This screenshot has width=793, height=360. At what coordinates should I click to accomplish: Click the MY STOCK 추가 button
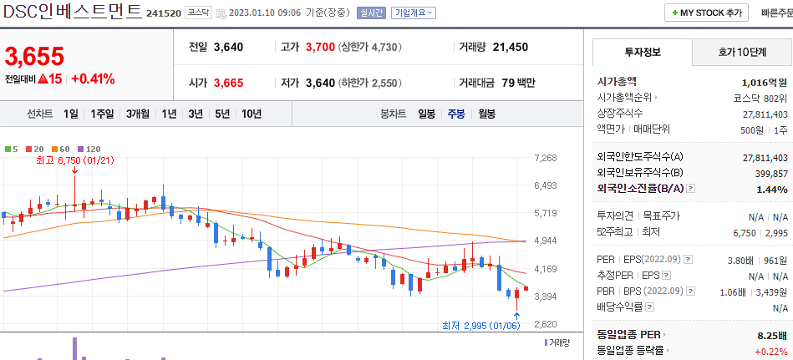pyautogui.click(x=707, y=13)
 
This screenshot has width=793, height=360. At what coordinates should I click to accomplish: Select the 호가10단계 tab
pyautogui.click(x=742, y=52)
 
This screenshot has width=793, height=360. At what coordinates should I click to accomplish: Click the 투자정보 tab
pyautogui.click(x=642, y=52)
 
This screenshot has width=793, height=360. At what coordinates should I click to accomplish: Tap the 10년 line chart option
pyautogui.click(x=251, y=114)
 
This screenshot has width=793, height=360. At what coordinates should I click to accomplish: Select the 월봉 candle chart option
pyautogui.click(x=486, y=114)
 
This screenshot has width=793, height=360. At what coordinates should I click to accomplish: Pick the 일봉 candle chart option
pyautogui.click(x=426, y=114)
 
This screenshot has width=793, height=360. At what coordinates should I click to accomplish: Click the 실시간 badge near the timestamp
pyautogui.click(x=370, y=13)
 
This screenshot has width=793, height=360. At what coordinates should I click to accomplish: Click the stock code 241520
pyautogui.click(x=164, y=13)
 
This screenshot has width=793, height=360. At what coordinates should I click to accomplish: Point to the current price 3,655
pyautogui.click(x=34, y=57)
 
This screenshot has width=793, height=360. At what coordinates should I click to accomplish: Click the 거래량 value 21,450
pyautogui.click(x=510, y=47)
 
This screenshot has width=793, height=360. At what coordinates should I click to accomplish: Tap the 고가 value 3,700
pyautogui.click(x=320, y=47)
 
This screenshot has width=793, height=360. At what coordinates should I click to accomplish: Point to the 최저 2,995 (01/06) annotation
pyautogui.click(x=485, y=325)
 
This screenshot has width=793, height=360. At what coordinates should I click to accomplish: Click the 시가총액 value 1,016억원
pyautogui.click(x=764, y=82)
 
